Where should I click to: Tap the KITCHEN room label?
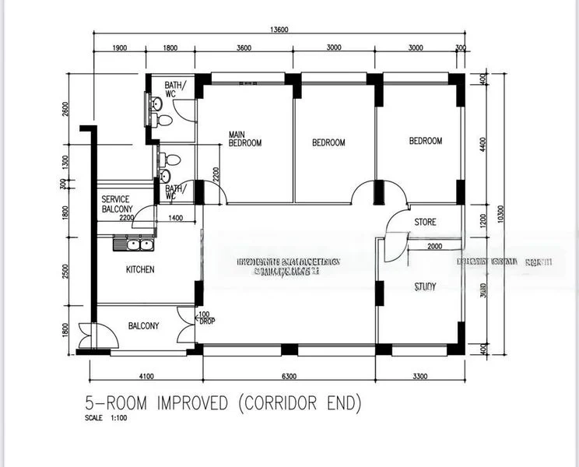tap(140, 270)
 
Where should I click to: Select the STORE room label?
tap(425, 223)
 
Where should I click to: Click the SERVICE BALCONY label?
tap(116, 204)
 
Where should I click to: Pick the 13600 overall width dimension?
tap(281, 30)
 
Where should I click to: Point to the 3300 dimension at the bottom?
tap(420, 377)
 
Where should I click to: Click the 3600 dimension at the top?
tap(244, 47)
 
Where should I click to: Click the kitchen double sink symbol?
tap(133, 245)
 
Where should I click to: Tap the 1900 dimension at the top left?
tap(118, 47)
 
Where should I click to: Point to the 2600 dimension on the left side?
tap(66, 109)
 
